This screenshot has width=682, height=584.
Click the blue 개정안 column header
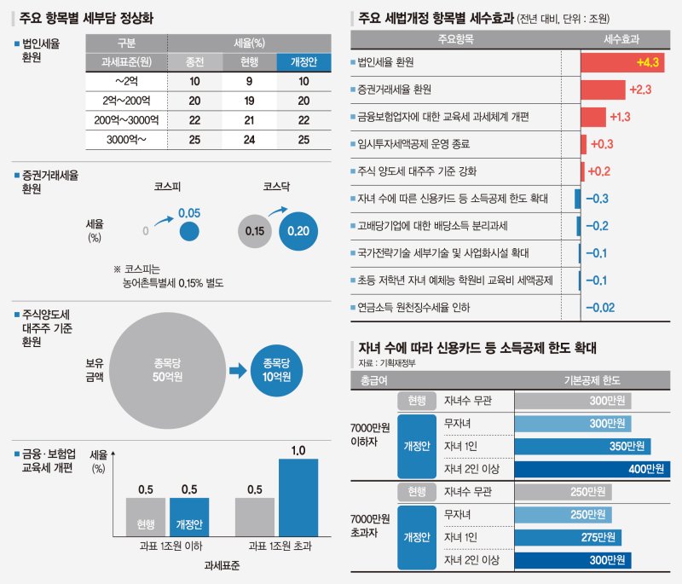[x=303, y=62]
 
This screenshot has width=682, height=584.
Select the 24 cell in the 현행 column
[x=248, y=140]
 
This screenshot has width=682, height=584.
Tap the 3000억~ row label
[x=127, y=140]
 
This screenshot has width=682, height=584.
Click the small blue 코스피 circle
[x=188, y=231]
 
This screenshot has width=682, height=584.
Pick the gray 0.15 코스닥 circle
[x=254, y=231]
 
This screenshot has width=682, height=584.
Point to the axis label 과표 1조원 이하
[x=167, y=546]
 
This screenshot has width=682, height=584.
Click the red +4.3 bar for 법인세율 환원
[x=621, y=63]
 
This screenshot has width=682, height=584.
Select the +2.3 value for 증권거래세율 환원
[x=640, y=90]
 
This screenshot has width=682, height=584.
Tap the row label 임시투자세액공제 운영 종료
[x=414, y=143]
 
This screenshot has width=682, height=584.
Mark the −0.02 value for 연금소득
[x=604, y=307]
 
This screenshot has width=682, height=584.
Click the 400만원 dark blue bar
[x=592, y=469]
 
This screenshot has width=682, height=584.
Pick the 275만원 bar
[x=569, y=539]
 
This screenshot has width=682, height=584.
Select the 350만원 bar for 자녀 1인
[x=583, y=446]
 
